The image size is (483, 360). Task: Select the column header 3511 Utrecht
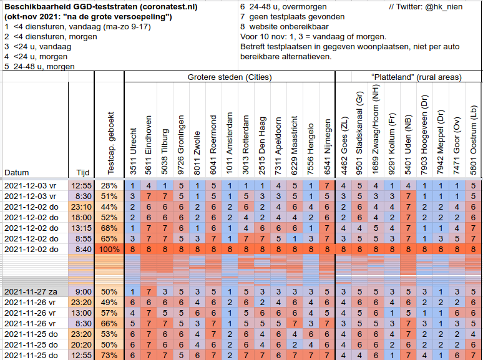133,151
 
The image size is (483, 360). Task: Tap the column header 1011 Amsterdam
229,144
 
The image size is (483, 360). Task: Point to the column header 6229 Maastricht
294,145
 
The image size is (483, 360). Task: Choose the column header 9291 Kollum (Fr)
391,144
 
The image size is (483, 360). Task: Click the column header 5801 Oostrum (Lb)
473,140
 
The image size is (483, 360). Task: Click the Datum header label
17,172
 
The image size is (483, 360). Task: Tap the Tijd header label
83,172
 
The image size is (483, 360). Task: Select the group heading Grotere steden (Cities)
230,77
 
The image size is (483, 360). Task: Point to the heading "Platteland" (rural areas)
416,77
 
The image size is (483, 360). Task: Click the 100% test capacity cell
109,249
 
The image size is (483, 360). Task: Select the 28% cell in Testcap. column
109,186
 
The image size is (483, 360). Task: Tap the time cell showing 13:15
81,228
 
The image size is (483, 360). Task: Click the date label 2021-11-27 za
31,291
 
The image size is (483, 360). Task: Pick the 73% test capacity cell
109,355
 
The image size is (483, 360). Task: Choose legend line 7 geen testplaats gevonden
292,17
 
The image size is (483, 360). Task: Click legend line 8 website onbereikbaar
285,27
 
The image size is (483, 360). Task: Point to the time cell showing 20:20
81,344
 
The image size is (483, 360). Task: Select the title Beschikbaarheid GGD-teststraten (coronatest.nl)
101,7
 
